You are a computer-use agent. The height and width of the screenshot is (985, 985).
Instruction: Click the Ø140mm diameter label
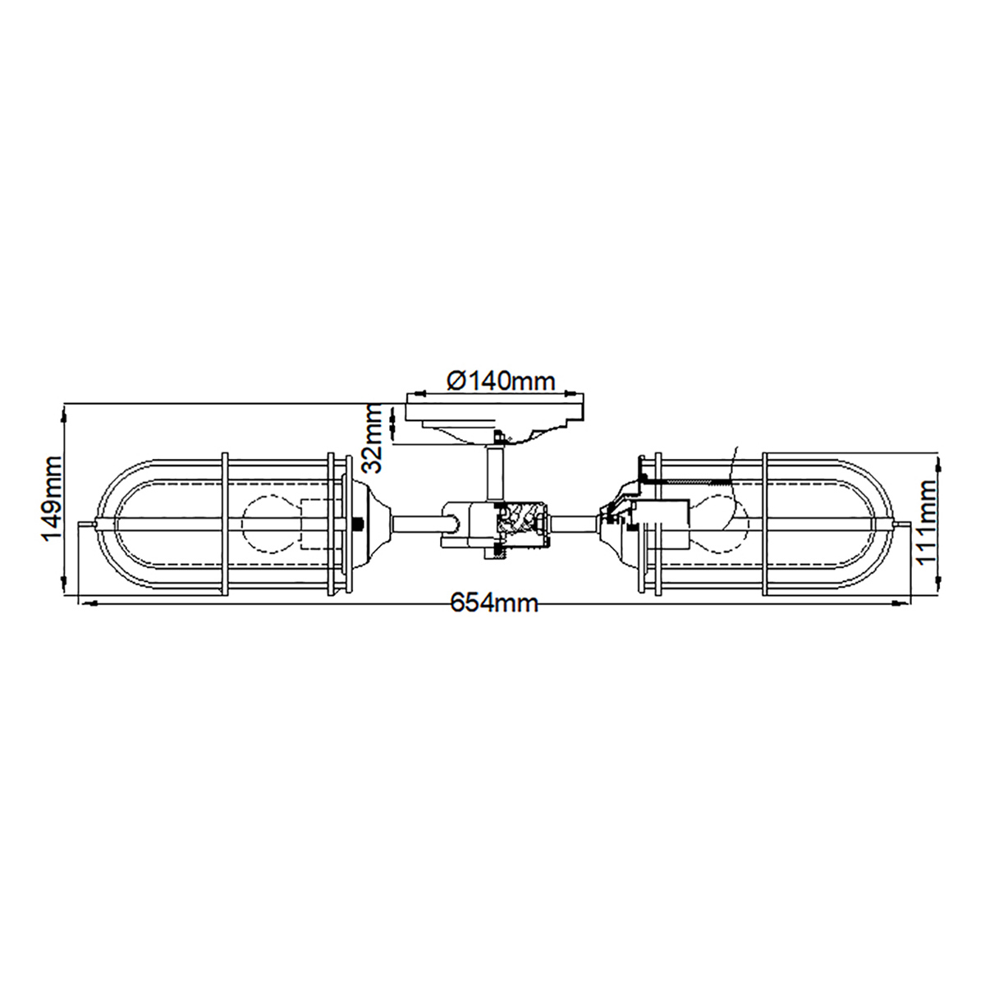[501, 381]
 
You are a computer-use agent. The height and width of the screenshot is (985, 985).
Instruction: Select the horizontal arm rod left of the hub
[419, 523]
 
